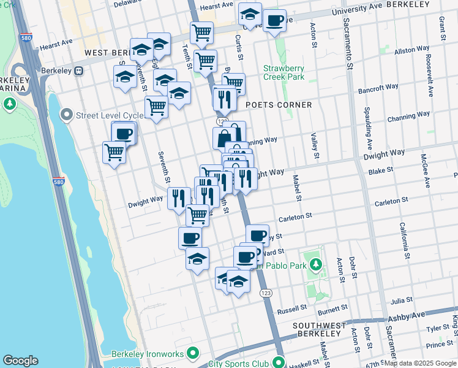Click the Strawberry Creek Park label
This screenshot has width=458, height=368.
pyautogui.click(x=283, y=72)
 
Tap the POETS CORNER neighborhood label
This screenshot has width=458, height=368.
pyautogui.click(x=279, y=105)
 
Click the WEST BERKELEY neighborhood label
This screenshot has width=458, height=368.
pyautogui.click(x=109, y=53)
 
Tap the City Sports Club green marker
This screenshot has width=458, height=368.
pyautogui.click(x=279, y=362)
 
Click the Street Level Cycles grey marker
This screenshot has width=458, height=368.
pyautogui.click(x=66, y=115)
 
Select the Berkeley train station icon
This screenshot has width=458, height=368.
pyautogui.click(x=79, y=71)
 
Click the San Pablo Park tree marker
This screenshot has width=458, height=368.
pyautogui.click(x=315, y=265)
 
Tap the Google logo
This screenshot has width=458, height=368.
pyautogui.click(x=20, y=361)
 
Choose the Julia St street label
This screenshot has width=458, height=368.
pyautogui.click(x=402, y=301)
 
